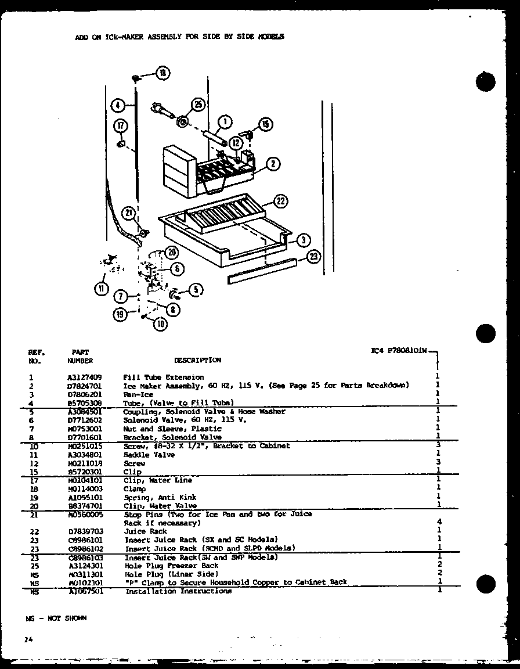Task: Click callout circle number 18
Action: pos(162,73)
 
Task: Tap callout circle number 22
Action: pos(280,202)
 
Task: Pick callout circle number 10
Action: pos(159,325)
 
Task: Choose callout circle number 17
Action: pos(120,125)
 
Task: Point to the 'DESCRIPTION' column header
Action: pos(197,360)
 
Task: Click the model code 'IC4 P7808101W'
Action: pos(399,351)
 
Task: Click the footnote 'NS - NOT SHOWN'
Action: pos(56,618)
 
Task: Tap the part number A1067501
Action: pos(84,591)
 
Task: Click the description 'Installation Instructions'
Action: pos(178,591)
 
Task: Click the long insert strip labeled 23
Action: pos(262,271)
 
